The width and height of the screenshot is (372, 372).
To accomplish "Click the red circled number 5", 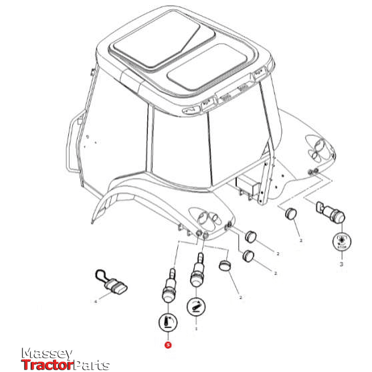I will tap(168, 346).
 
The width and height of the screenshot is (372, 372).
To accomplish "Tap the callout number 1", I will tap(196, 329).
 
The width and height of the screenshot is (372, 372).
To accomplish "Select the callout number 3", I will tap(341, 264).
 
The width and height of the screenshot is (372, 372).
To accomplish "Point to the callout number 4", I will tap(96, 302).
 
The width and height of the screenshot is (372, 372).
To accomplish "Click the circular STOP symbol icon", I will tap(341, 242).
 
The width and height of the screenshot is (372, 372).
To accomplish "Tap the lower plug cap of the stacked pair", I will tap(250, 256).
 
